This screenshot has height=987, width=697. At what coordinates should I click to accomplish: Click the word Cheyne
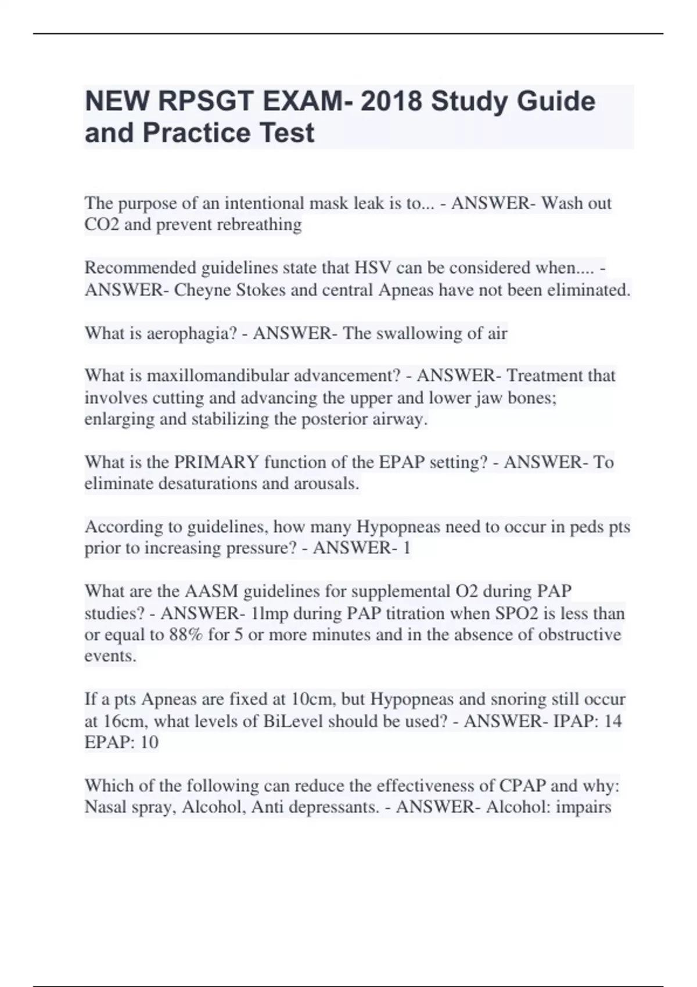pyautogui.click(x=203, y=290)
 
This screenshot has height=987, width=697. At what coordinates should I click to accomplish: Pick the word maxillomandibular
pyautogui.click(x=218, y=376)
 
